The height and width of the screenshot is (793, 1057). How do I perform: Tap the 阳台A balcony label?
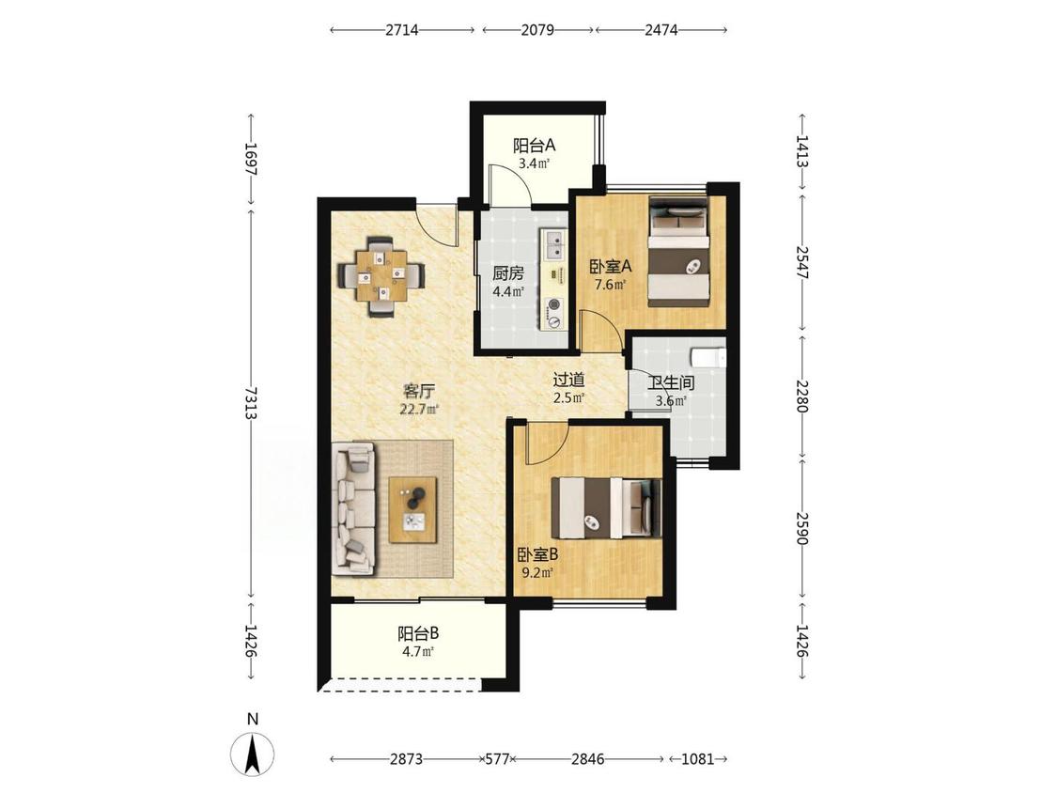(x=534, y=145)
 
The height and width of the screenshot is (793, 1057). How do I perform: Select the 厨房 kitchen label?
(x=507, y=273)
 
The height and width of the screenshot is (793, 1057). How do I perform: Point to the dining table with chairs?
(x=382, y=276)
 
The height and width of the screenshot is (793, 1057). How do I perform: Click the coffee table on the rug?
(x=413, y=509)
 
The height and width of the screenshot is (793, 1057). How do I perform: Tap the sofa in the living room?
(x=353, y=508)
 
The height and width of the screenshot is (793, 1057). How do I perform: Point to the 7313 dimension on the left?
(x=251, y=403)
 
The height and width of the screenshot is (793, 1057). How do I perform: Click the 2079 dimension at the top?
(x=537, y=30)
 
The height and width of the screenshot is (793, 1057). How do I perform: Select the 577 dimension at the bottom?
(x=497, y=759)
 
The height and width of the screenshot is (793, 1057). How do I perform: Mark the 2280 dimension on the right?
(x=801, y=396)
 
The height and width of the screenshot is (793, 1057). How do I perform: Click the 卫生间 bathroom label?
(x=671, y=383)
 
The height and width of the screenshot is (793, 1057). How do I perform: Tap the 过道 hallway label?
(x=568, y=381)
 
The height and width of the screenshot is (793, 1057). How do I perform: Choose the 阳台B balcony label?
(x=419, y=634)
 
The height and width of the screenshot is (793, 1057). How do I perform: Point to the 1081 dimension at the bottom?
(x=697, y=759)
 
